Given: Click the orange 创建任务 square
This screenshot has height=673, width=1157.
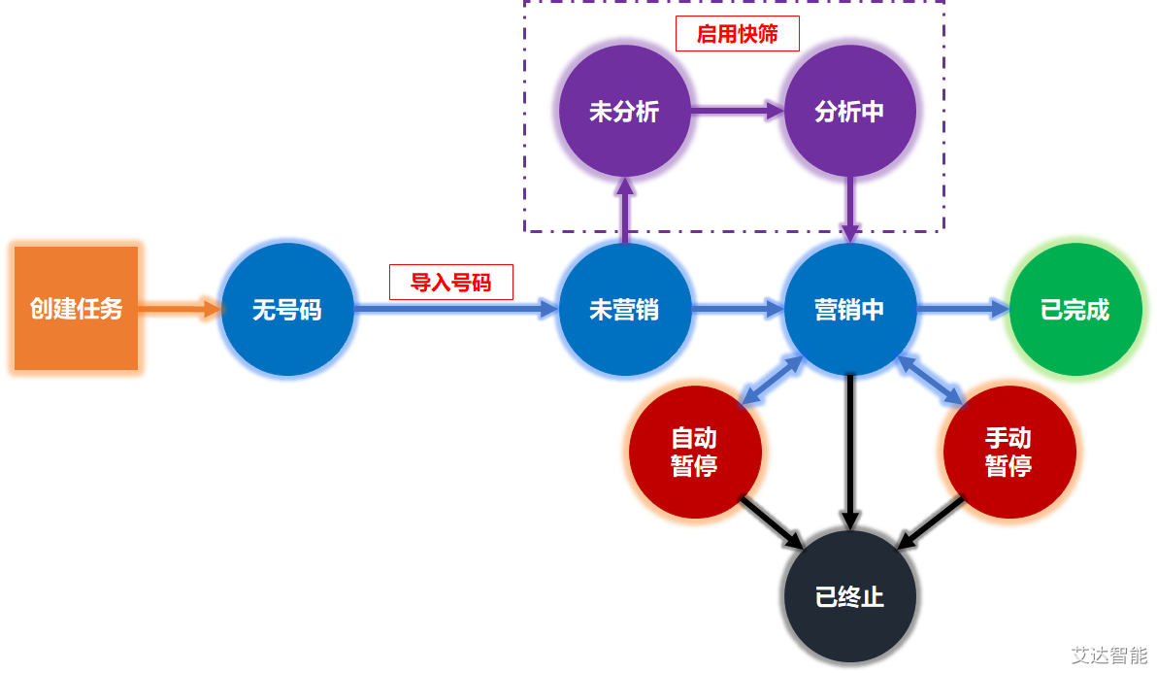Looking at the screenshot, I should click(x=76, y=309).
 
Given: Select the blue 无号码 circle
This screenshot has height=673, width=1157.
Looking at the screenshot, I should click(x=286, y=310).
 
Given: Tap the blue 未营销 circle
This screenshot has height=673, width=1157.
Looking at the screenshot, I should click(x=624, y=310).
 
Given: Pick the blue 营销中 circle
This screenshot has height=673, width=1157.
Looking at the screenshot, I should click(x=849, y=310).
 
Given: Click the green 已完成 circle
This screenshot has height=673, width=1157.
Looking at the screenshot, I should click(x=1074, y=310).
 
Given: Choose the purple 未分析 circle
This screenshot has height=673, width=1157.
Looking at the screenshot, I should click(x=624, y=111).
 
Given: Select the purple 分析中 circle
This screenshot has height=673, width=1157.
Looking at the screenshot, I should click(x=849, y=111).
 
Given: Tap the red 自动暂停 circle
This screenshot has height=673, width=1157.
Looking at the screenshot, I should click(x=694, y=453).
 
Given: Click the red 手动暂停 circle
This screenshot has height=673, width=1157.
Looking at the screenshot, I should click(x=1008, y=453).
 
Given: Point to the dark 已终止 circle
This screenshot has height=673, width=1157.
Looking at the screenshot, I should click(x=849, y=595).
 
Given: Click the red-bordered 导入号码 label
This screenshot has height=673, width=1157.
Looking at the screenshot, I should click(x=450, y=283).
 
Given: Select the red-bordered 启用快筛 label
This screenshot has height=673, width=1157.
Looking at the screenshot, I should click(x=738, y=34).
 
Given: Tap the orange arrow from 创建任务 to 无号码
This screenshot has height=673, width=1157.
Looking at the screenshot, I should click(x=180, y=310).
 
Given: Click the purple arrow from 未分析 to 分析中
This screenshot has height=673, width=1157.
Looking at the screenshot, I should click(x=737, y=111).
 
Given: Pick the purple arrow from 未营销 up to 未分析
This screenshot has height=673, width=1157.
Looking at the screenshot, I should click(x=624, y=209).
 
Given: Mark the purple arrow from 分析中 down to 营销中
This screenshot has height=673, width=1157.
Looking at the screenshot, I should click(x=849, y=209).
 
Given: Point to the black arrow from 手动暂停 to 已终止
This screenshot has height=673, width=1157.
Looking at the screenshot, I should click(x=932, y=523).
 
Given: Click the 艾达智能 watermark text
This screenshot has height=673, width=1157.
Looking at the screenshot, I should click(x=1108, y=655).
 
